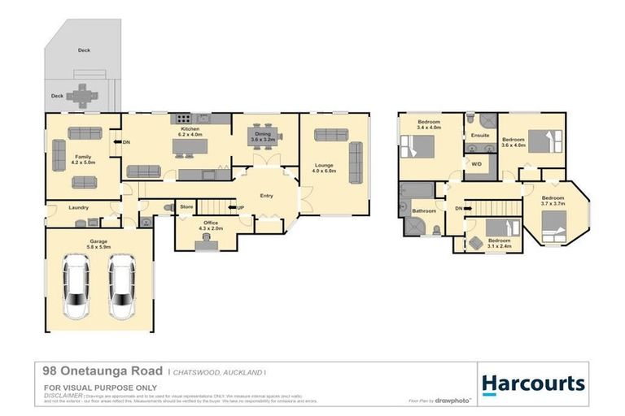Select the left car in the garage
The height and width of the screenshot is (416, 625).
(76, 287)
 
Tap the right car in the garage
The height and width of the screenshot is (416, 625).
(121, 287)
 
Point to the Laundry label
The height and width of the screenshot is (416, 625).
(79, 207)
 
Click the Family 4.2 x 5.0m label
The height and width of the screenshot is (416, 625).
(84, 160)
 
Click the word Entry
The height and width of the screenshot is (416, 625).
(266, 196)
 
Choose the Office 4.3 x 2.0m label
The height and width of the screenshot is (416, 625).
(210, 226)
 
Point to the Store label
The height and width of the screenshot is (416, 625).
(186, 207)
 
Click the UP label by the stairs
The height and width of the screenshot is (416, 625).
(242, 208)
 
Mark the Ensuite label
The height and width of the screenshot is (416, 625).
(480, 135)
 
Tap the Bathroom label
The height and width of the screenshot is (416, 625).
(424, 211)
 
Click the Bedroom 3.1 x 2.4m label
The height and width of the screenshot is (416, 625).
(500, 242)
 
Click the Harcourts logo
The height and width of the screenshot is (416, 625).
(532, 383)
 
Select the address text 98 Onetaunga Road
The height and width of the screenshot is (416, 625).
(102, 370)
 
